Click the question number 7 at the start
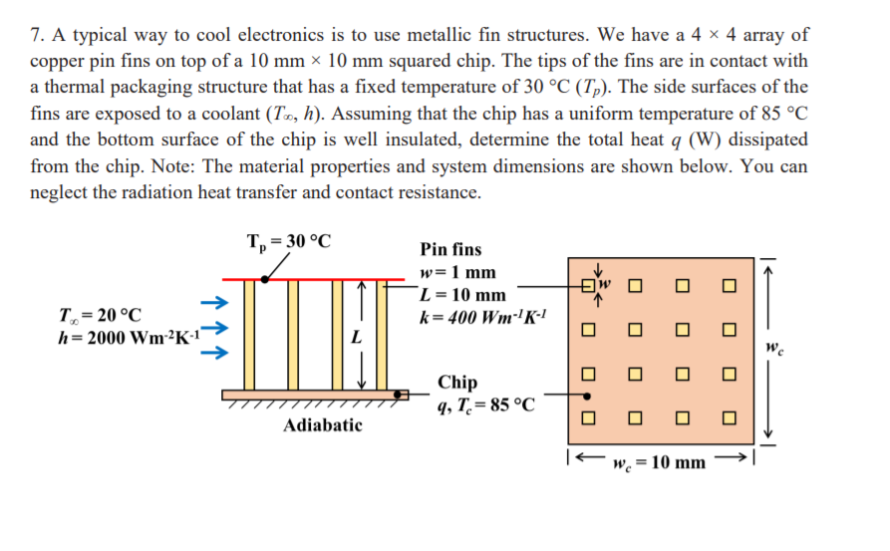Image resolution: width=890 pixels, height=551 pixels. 36,36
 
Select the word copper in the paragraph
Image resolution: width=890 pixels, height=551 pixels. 58,62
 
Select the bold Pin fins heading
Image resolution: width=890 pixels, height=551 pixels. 450,250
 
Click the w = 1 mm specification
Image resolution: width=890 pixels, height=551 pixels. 458,272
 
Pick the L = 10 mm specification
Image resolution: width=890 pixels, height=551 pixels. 463,295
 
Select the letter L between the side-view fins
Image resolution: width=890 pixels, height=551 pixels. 355,339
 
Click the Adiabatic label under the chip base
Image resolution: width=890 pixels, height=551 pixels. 323,425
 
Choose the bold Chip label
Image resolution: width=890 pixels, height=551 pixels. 457,382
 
